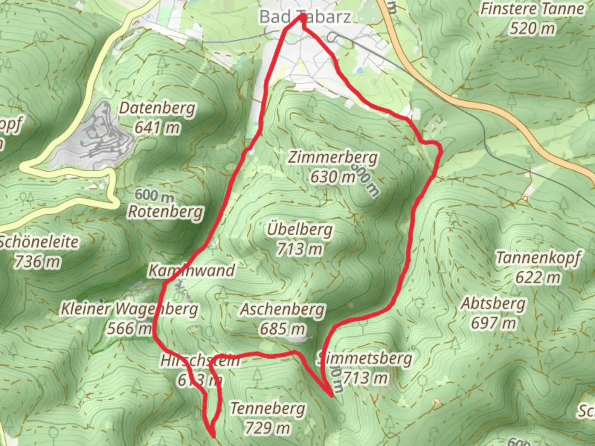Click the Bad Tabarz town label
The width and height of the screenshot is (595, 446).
(305, 17)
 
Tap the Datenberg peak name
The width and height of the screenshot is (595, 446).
(157, 108)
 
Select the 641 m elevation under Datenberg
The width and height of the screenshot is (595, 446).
(157, 128)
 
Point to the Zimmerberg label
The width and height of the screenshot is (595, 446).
(333, 157)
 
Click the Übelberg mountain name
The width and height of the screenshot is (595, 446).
(300, 229)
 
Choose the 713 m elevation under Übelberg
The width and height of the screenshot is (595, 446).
(300, 249)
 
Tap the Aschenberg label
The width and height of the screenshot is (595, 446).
(283, 309)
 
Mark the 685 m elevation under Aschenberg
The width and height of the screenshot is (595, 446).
(283, 329)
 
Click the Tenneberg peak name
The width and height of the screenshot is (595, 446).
(268, 408)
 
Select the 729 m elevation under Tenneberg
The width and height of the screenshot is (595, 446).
(267, 428)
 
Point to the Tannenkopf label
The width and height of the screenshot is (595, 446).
(538, 258)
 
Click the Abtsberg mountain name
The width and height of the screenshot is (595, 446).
(493, 304)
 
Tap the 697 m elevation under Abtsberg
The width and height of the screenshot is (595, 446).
(493, 323)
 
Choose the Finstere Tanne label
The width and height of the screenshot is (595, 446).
(533, 9)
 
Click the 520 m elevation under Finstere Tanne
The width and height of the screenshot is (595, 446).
(532, 28)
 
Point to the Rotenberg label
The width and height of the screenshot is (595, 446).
(165, 211)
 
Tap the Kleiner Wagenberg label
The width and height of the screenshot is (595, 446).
(129, 309)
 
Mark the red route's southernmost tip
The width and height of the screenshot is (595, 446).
(213, 435)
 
